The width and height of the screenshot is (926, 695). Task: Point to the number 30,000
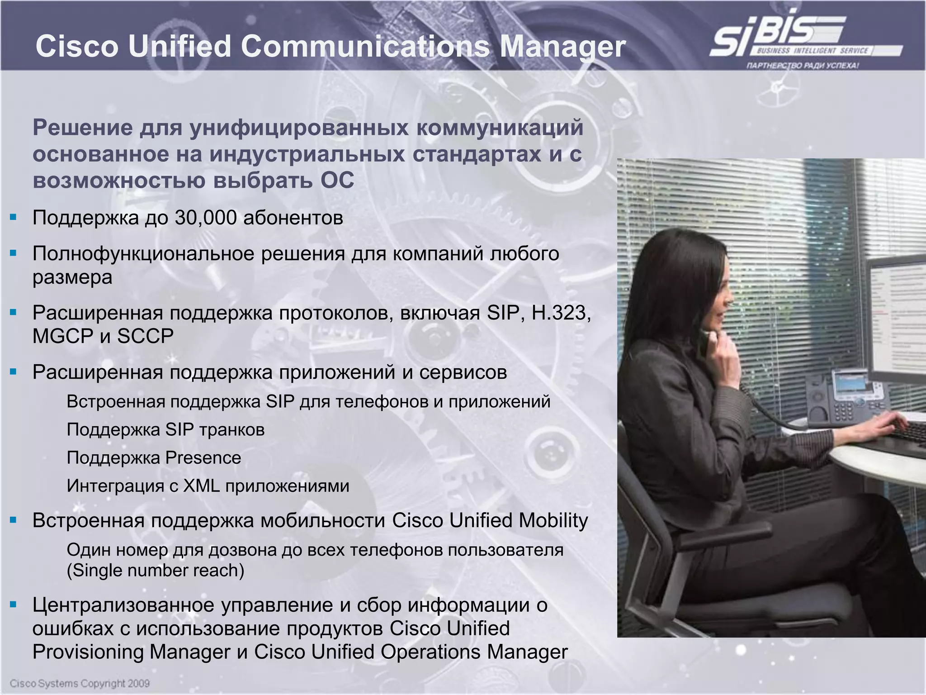tap(205, 218)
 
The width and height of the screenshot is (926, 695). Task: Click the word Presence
tap(203, 458)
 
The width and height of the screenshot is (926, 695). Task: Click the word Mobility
tap(553, 521)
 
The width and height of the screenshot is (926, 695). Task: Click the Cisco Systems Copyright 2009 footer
tap(80, 683)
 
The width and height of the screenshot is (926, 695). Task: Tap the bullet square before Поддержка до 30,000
tap(13, 218)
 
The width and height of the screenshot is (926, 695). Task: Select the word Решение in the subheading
tap(82, 128)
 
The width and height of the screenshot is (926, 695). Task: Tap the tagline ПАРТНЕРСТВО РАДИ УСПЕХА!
tap(803, 66)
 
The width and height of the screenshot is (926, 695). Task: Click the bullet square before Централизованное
tap(13, 605)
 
